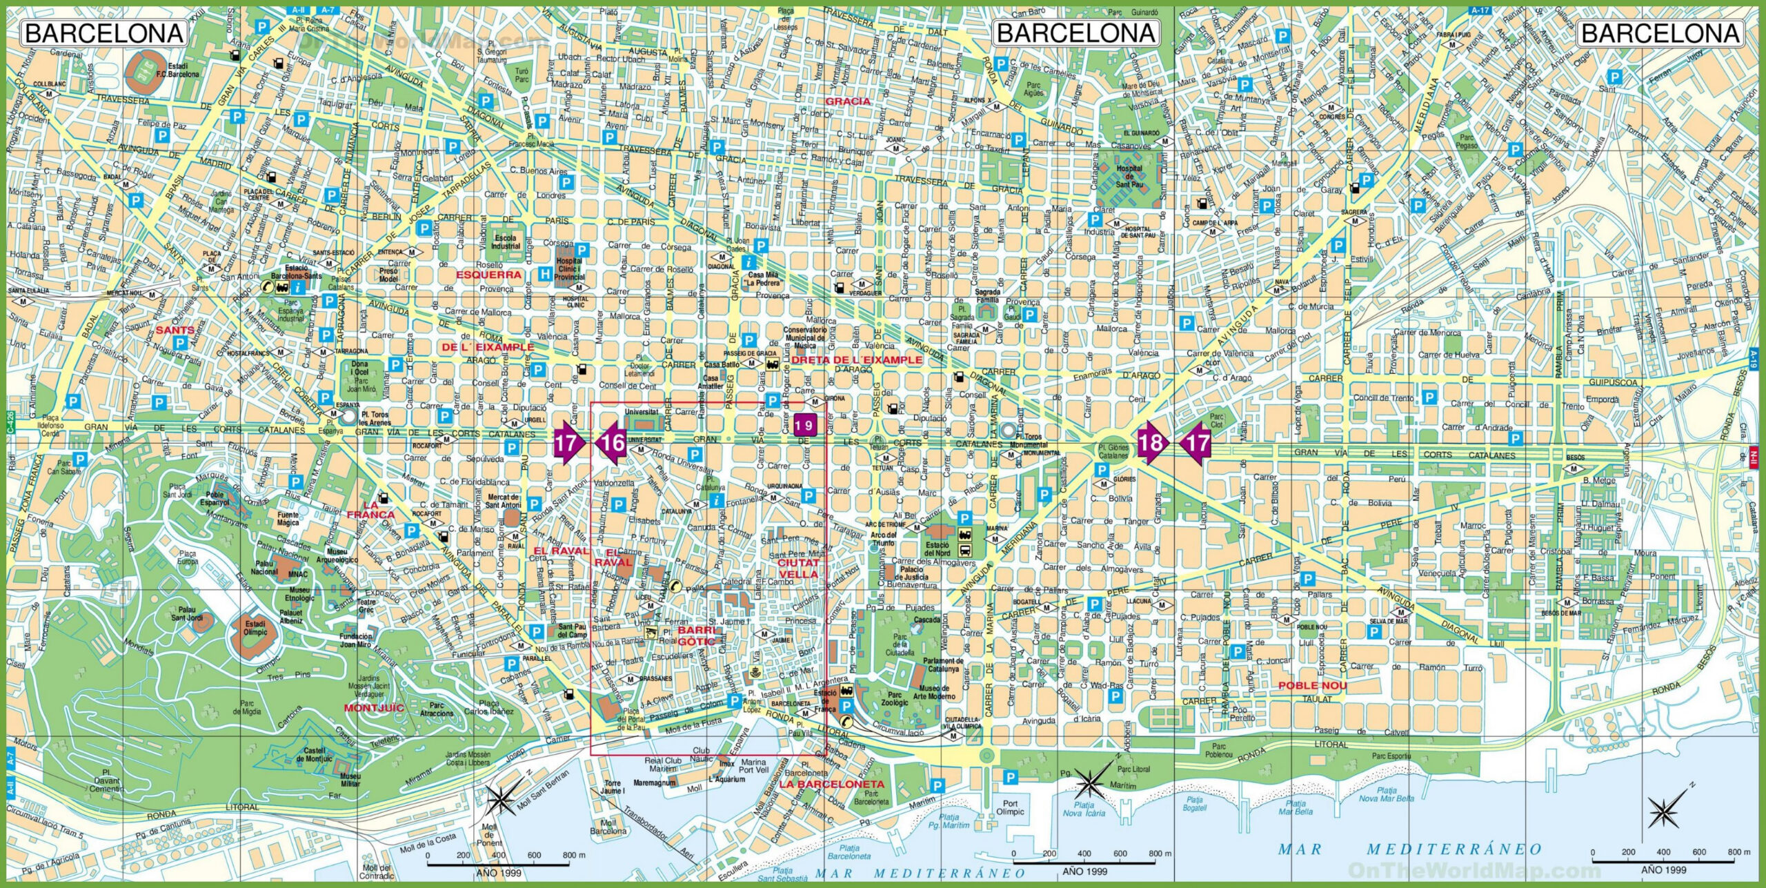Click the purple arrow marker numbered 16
[x=611, y=442]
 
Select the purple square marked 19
[x=804, y=426]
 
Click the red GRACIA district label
[x=848, y=101]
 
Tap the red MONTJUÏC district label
[x=374, y=708]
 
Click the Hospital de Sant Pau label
[x=1129, y=177]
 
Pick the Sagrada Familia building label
[x=987, y=297]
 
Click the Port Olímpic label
[x=1010, y=807]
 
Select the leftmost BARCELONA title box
[x=104, y=33]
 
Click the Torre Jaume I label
[x=612, y=787]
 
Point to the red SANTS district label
[x=175, y=330]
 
